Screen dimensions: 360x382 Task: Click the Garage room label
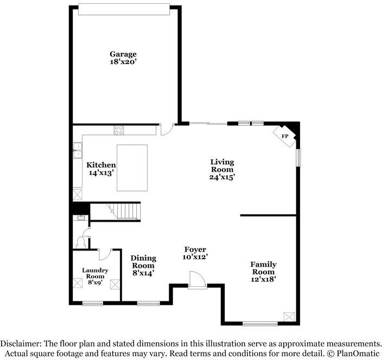tap(123, 54)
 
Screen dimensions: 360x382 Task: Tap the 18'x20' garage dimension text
tap(123, 62)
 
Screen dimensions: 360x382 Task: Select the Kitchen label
tap(101, 165)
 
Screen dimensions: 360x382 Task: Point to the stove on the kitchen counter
tap(119, 130)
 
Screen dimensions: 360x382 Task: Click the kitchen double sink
tap(78, 150)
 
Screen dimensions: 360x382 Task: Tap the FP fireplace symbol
tap(285, 136)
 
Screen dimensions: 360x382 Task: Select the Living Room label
tap(222, 165)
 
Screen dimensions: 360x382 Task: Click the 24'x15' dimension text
tap(222, 177)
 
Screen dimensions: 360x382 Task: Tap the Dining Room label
tap(143, 261)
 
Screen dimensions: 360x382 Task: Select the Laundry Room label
tap(95, 273)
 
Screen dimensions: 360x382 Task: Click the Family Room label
tap(263, 268)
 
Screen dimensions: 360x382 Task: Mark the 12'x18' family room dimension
tap(263, 279)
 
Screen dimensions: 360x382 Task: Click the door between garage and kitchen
tap(166, 129)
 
